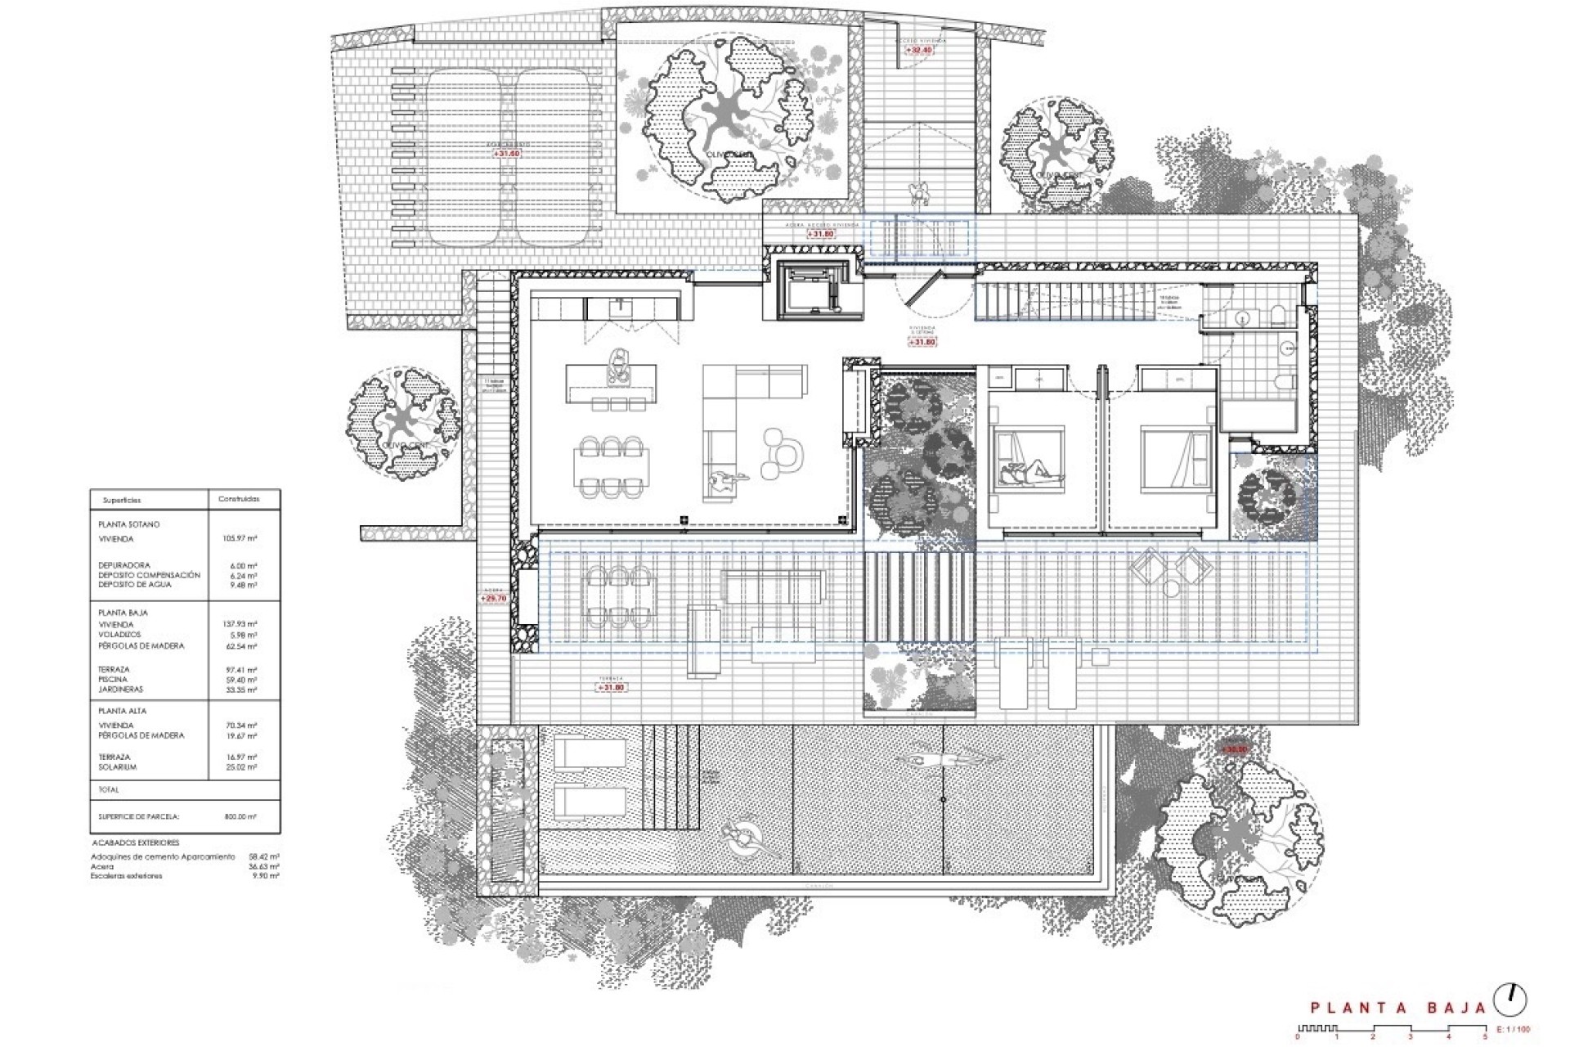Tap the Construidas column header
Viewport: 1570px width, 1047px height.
(x=239, y=499)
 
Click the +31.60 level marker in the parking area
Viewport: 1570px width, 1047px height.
(x=506, y=154)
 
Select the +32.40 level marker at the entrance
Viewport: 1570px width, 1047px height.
(x=919, y=50)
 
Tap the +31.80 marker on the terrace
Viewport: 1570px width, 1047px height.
(x=612, y=687)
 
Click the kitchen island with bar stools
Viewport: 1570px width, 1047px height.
(x=611, y=383)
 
